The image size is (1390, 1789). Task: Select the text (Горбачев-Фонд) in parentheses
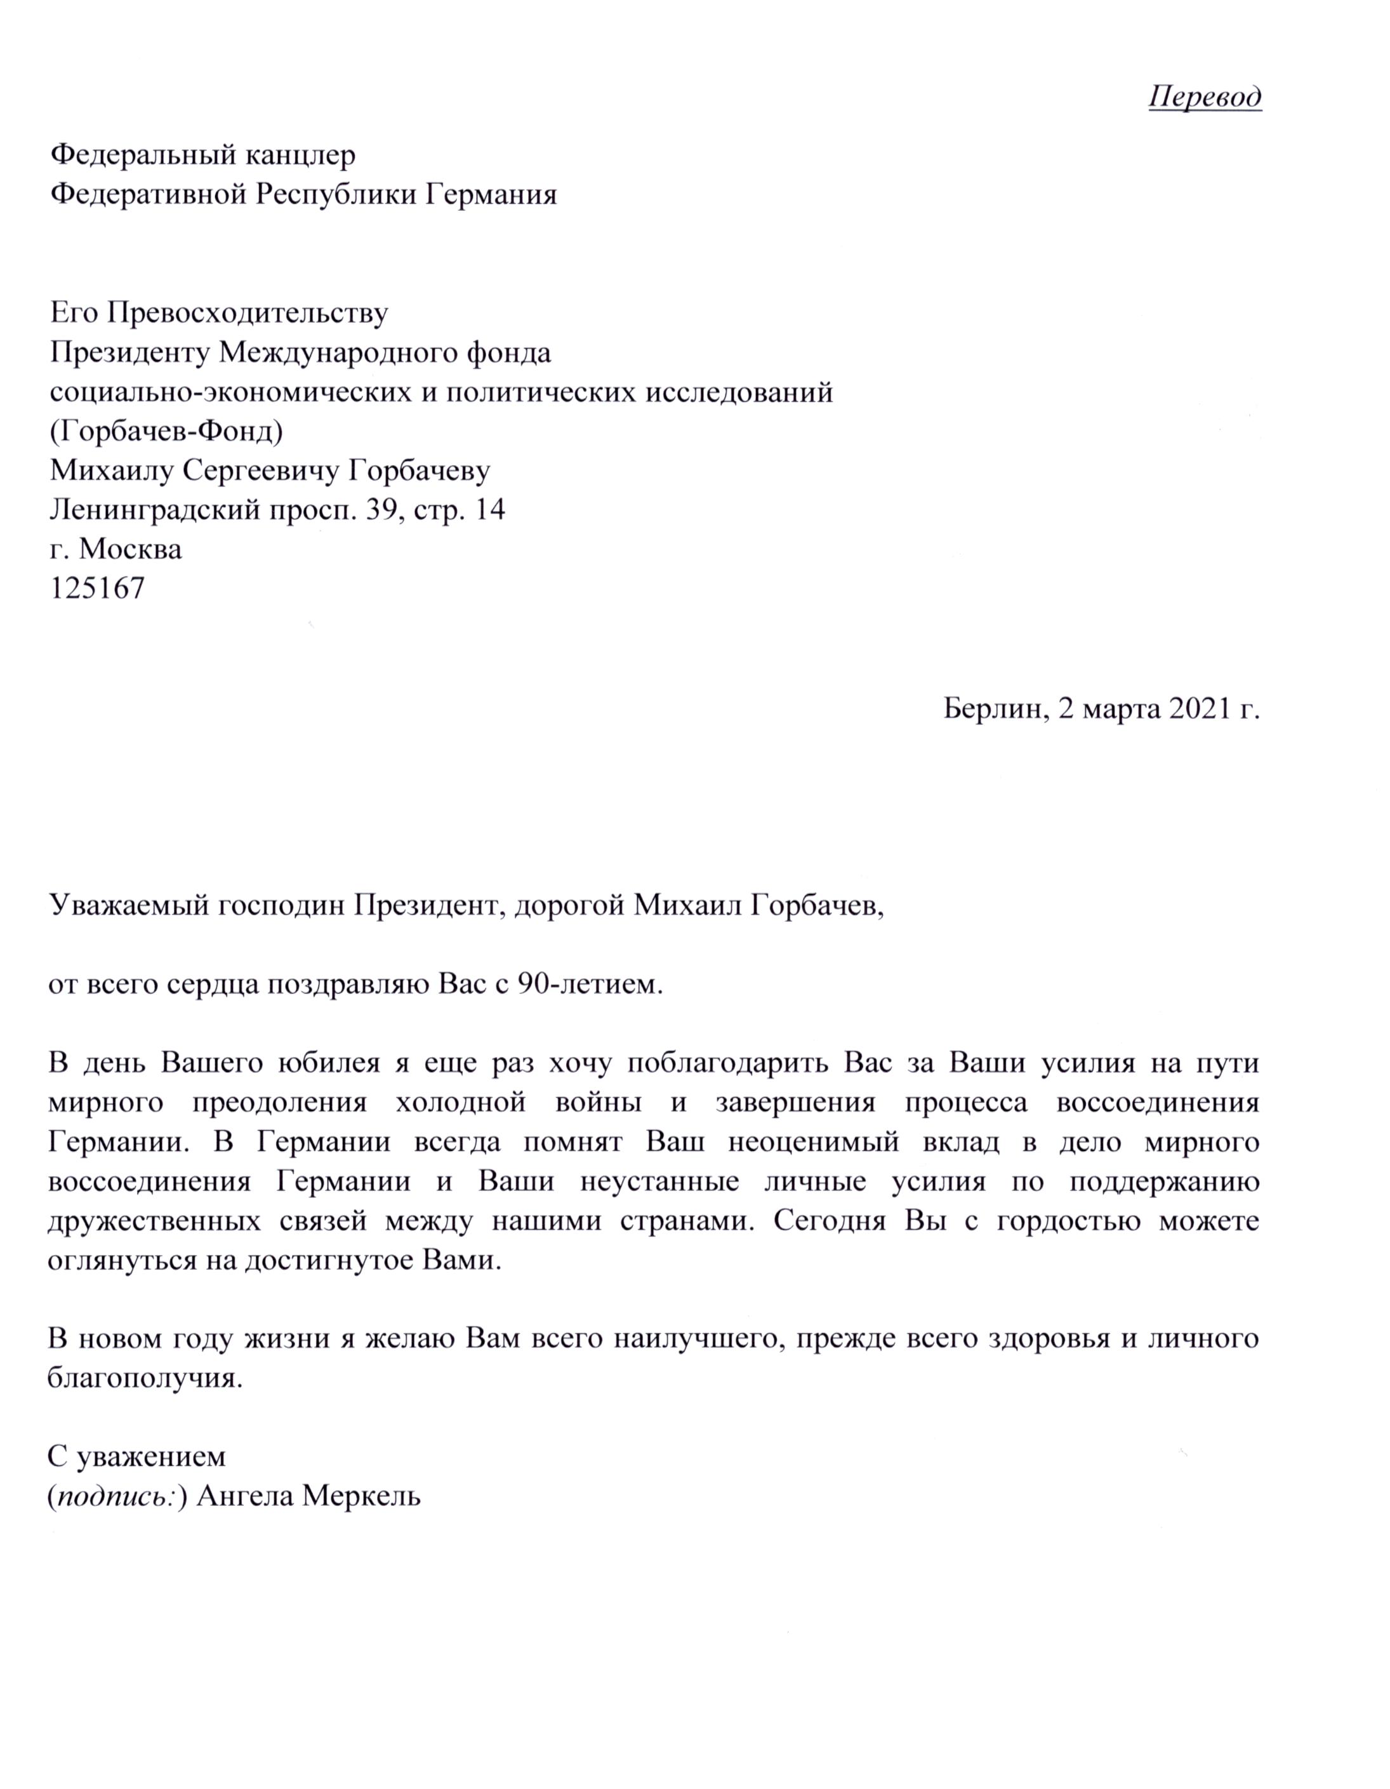point(166,431)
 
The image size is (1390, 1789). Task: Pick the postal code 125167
point(98,588)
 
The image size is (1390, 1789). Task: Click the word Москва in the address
point(130,549)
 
